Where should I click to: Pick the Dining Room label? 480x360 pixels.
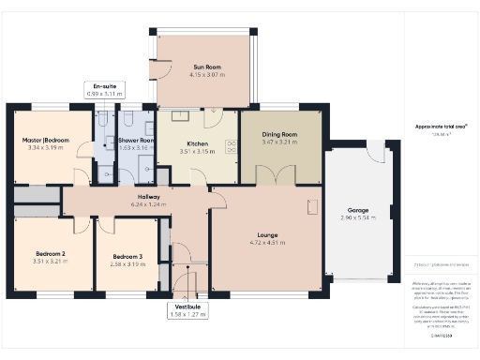click(279, 135)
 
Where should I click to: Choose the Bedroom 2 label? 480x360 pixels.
click(50, 254)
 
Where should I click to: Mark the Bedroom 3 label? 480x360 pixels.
click(127, 257)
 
